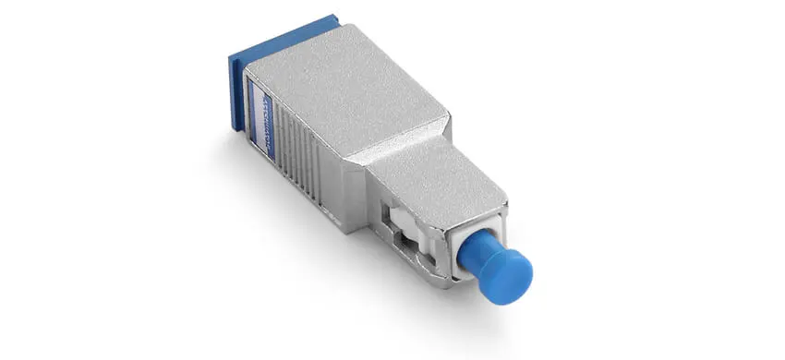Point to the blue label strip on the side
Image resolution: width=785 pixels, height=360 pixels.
point(266,112)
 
